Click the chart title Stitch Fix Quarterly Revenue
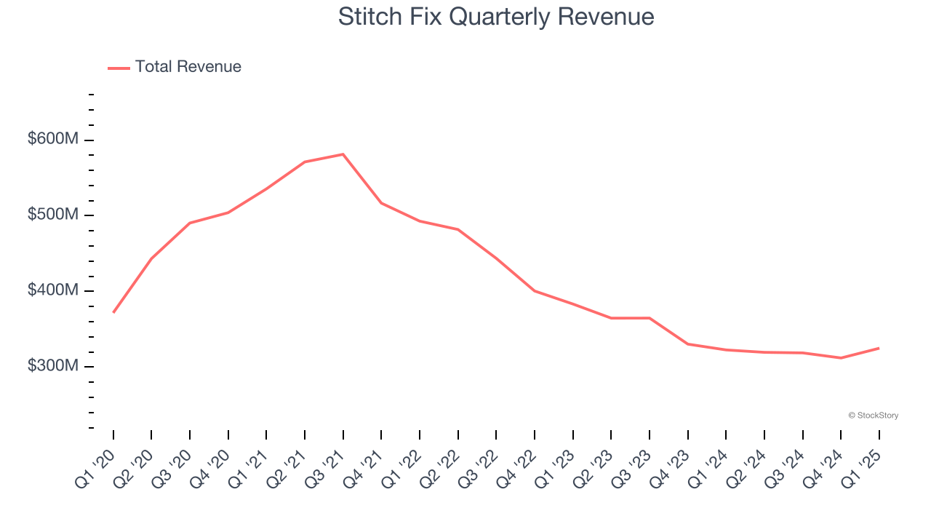click(x=496, y=17)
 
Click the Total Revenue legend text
click(x=188, y=67)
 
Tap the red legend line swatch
click(x=119, y=68)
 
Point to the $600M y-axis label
click(x=53, y=139)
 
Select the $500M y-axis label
click(x=53, y=215)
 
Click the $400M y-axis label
click(x=53, y=290)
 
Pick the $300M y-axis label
click(x=53, y=365)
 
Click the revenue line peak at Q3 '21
click(x=343, y=154)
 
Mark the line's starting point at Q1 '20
click(x=113, y=312)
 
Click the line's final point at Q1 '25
click(x=879, y=348)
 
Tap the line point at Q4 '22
click(x=535, y=291)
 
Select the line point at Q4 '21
click(x=381, y=203)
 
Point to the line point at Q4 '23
click(x=687, y=344)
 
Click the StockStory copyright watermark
click(x=873, y=416)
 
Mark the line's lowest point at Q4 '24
click(x=841, y=358)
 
